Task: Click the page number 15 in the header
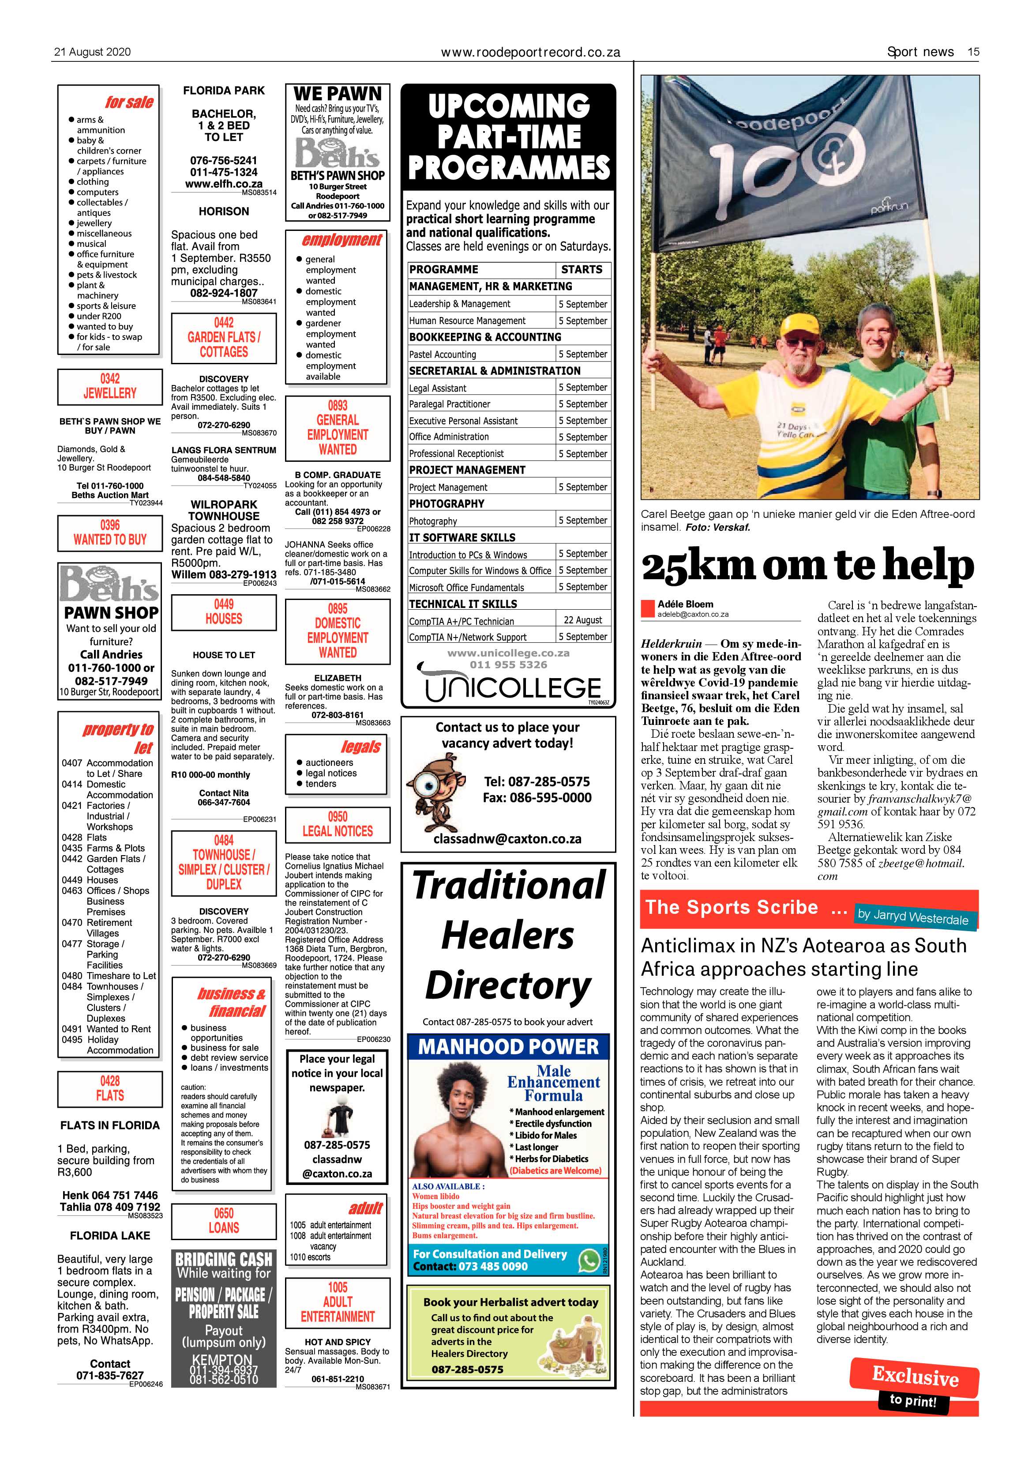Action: tap(973, 52)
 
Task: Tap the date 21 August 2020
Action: tap(92, 52)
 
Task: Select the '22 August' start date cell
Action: tap(583, 620)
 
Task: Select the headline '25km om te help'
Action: tap(807, 565)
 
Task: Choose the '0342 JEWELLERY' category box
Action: tap(109, 386)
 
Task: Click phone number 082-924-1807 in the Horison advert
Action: tap(224, 293)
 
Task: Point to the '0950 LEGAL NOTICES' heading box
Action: tap(338, 824)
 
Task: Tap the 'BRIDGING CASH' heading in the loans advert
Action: tap(224, 1259)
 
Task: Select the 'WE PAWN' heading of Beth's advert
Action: tap(338, 94)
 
